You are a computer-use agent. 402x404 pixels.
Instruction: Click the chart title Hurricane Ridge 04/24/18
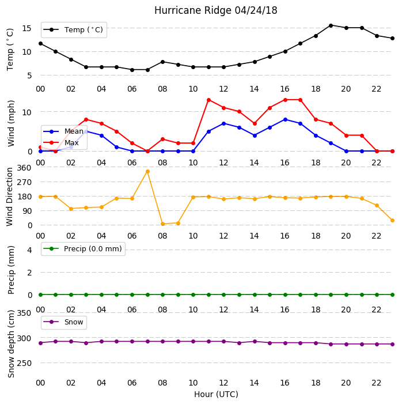point(215,10)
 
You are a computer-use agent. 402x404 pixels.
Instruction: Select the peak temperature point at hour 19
point(331,25)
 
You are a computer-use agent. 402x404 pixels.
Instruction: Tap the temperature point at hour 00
point(40,44)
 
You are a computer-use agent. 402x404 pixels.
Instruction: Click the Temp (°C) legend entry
point(74,30)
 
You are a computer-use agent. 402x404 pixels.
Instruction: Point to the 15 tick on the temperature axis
point(26,28)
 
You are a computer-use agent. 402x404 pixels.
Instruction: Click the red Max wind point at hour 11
point(209,100)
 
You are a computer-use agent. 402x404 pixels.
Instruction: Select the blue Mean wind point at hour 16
point(285,119)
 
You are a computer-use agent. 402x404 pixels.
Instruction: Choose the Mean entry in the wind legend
point(63,131)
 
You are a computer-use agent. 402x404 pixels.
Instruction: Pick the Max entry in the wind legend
point(61,142)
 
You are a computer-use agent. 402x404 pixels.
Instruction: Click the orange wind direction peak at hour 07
point(147,172)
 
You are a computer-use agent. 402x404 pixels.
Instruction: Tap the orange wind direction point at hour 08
point(163,224)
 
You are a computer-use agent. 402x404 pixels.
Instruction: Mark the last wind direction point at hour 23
point(392,221)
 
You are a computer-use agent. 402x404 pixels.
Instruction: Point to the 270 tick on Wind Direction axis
point(24,182)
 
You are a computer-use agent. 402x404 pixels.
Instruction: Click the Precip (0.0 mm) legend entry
point(83,249)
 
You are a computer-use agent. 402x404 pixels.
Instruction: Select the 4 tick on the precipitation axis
point(29,250)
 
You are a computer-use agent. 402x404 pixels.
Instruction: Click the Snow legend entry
point(63,322)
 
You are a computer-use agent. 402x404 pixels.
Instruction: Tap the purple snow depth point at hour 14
point(255,342)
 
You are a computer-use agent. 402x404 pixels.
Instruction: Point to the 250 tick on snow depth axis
point(24,363)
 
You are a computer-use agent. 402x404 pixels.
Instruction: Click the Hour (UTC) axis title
point(216,394)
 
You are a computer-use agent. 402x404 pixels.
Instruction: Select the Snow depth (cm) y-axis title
point(11,344)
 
